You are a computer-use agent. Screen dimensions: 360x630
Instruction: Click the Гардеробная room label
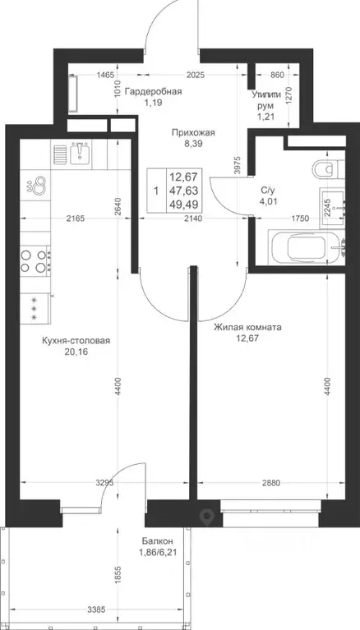tap(153, 92)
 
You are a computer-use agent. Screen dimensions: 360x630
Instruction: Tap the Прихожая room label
tap(193, 132)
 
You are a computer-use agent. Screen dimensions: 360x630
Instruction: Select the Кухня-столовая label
tap(76, 341)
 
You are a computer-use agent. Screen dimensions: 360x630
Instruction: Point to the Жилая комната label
tap(247, 328)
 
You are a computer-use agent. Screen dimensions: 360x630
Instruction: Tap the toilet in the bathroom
tap(329, 169)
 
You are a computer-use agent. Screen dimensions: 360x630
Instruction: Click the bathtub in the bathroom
tap(307, 247)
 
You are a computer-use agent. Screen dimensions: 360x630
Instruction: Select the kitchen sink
tap(81, 152)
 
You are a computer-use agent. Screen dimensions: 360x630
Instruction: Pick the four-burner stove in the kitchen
tap(35, 260)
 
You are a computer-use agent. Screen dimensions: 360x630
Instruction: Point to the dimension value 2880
tap(270, 482)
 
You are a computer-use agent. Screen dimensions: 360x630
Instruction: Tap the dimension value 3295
tap(104, 482)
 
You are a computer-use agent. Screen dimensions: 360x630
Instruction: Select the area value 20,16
tap(76, 352)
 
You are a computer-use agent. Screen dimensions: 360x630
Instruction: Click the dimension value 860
tap(277, 75)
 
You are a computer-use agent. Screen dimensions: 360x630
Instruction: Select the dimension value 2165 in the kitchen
tap(76, 218)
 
